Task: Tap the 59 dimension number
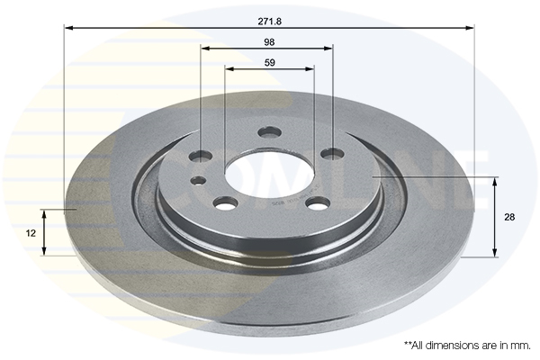tap(269, 62)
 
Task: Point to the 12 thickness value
tap(31, 232)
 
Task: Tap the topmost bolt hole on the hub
tap(269, 132)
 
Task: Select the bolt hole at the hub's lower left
tap(225, 202)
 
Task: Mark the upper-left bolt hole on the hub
tap(201, 157)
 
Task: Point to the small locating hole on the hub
tap(198, 180)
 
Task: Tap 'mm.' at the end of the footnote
tap(520, 345)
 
